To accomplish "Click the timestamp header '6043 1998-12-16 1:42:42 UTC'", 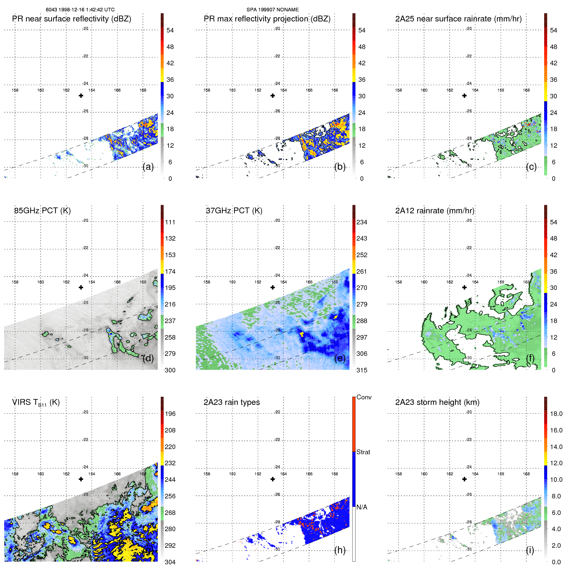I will point(80,10).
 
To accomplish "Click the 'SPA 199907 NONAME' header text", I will point(272,10).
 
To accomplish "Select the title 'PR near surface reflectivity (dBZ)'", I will point(71,19).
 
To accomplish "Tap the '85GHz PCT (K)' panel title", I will point(42,211).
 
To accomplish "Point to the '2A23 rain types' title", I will point(231,402).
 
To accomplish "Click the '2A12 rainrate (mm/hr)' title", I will point(435,211).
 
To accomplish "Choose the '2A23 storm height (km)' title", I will point(437,402).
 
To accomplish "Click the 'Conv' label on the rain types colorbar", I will point(364,397).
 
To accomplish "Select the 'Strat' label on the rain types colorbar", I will point(363,452).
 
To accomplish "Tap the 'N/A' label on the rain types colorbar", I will point(362,507).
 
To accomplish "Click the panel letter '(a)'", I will point(148,167).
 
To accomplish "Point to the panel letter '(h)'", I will point(340,550).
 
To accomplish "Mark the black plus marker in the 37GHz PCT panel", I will point(273,287).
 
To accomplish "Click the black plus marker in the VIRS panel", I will point(81,479).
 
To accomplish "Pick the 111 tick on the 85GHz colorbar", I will point(170,222).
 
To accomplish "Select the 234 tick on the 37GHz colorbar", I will point(362,222).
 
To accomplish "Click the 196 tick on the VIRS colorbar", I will point(170,414).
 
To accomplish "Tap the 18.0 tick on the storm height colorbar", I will point(556,414).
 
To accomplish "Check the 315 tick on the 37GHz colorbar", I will point(362,370).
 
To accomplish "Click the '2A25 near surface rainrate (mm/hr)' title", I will point(458,19).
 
